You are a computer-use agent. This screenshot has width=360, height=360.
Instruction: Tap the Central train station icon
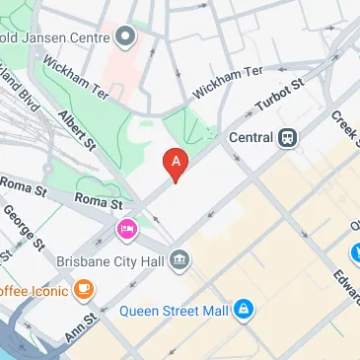click(288, 137)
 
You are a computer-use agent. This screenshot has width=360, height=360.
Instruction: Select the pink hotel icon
click(126, 231)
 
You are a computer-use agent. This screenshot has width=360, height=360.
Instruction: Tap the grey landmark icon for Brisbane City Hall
click(180, 261)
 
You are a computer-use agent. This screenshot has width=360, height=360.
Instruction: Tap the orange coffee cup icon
click(84, 290)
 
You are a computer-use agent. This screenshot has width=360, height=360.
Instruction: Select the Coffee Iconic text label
click(35, 290)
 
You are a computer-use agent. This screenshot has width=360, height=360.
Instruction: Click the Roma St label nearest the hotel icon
click(101, 204)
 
